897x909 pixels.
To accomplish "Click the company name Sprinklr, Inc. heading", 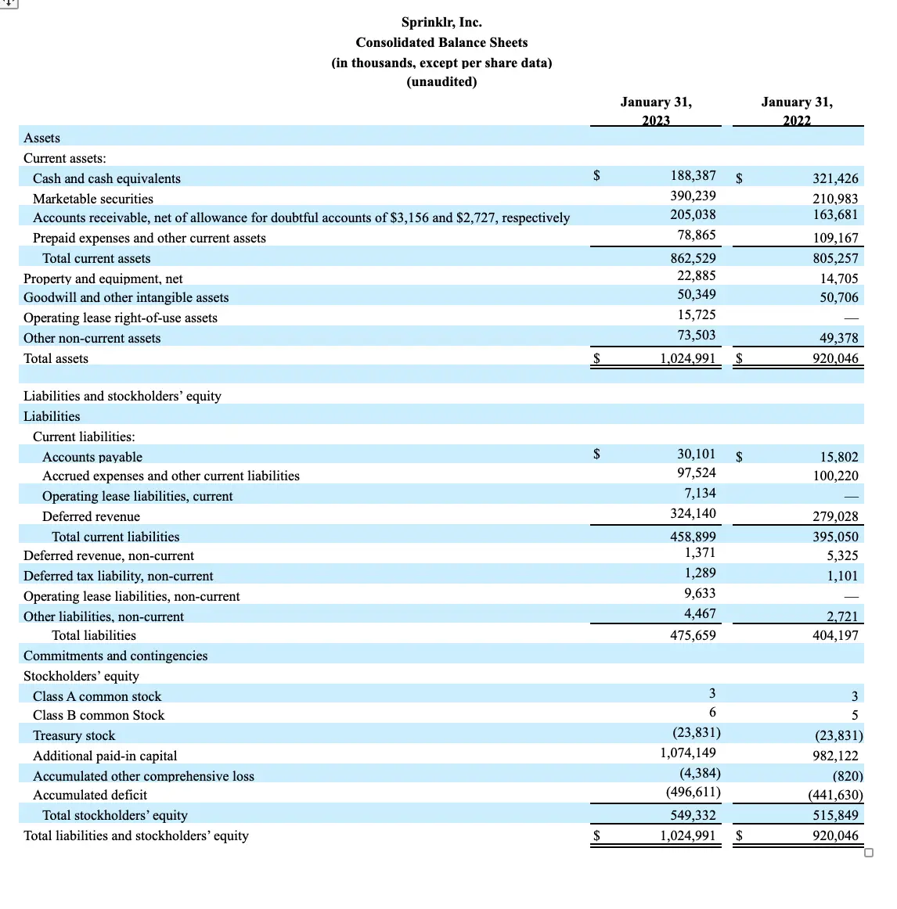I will point(441,22).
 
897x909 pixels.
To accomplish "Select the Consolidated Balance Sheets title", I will point(441,42).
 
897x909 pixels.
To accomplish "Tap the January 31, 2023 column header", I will point(656,111).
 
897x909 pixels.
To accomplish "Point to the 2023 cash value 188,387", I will point(693,175).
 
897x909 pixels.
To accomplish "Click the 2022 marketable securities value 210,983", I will point(835,199).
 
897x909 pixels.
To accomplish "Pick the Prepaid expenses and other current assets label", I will point(149,238).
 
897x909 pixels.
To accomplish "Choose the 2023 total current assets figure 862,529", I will point(693,258).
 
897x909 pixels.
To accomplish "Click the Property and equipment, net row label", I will point(103,278).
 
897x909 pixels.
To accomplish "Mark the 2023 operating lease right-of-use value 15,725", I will point(696,314).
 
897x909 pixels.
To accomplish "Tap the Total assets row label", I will point(56,358).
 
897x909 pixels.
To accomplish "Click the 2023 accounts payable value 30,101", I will point(696,454).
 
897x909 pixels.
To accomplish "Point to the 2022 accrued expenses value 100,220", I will point(835,476).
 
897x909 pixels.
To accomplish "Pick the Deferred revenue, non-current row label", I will point(109,555).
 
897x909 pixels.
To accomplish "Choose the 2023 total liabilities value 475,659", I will point(693,635).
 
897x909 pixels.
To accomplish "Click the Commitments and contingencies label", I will point(116,656).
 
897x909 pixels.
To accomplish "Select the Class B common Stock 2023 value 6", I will point(711,712).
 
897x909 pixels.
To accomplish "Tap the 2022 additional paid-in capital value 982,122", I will point(835,756).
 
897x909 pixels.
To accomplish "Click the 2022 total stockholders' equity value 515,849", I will point(835,815).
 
